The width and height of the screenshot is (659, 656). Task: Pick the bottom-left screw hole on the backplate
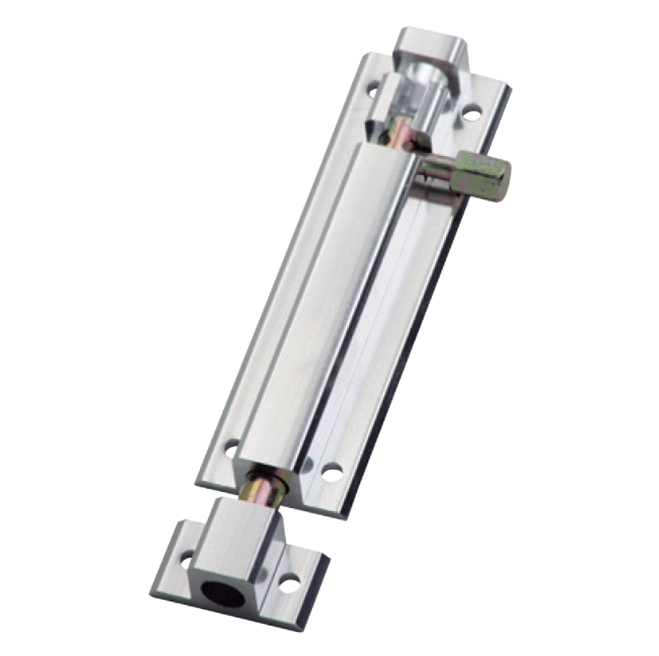231,448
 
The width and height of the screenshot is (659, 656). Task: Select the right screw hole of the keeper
289,583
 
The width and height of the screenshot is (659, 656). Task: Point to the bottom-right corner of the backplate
344,512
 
